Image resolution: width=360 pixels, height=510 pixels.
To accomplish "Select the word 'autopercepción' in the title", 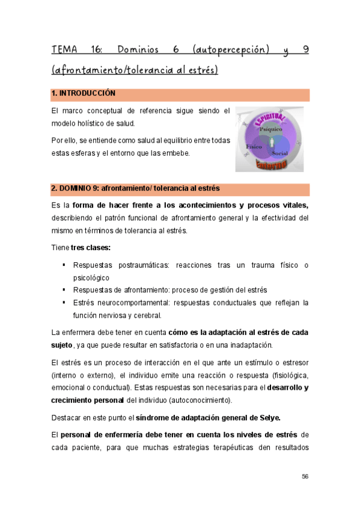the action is coord(231,49).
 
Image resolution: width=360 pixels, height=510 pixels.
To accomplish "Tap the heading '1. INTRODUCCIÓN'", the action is coord(83,94).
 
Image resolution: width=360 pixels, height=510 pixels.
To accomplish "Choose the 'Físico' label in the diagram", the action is coord(253,147).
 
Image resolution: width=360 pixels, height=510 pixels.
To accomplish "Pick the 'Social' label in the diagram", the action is coord(279,154).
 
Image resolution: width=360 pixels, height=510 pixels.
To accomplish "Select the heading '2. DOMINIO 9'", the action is coord(75,189).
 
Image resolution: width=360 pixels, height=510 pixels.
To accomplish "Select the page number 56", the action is coord(305,476).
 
